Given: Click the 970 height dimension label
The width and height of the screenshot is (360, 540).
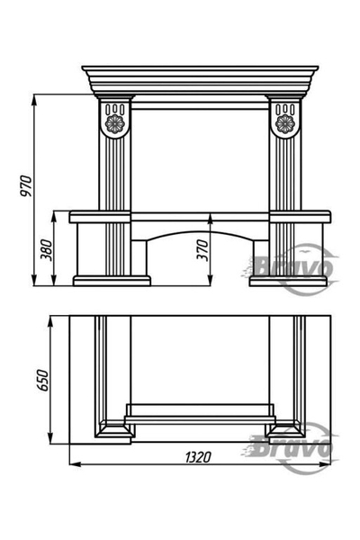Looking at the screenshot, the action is pyautogui.click(x=26, y=186).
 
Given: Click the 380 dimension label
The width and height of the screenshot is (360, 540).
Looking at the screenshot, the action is pyautogui.click(x=47, y=249).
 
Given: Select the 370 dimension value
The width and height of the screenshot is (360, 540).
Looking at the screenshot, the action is pyautogui.click(x=202, y=250).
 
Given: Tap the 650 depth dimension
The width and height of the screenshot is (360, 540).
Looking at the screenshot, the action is pyautogui.click(x=42, y=380).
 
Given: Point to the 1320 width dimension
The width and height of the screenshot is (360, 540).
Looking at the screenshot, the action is pyautogui.click(x=198, y=457).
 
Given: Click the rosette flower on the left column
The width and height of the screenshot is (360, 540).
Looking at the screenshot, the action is pyautogui.click(x=114, y=123).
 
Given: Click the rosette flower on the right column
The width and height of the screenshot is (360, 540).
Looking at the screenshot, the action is pyautogui.click(x=285, y=123).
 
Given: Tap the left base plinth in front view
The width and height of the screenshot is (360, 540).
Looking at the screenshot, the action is pyautogui.click(x=112, y=281).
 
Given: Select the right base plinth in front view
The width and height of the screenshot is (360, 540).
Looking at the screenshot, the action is pyautogui.click(x=288, y=281).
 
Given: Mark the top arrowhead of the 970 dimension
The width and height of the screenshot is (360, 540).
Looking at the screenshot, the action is pyautogui.click(x=34, y=99).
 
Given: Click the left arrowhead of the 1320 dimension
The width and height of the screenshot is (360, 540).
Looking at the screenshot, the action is pyautogui.click(x=75, y=464).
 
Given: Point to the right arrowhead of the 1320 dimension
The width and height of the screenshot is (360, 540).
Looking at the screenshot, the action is pyautogui.click(x=326, y=464).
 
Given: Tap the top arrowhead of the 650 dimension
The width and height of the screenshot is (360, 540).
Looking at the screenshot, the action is pyautogui.click(x=50, y=321).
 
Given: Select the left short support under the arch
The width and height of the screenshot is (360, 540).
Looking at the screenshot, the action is pyautogui.click(x=139, y=258).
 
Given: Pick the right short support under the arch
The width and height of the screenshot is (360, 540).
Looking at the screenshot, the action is pyautogui.click(x=261, y=258).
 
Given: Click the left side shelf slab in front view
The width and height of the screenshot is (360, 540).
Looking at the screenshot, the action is pyautogui.click(x=100, y=217).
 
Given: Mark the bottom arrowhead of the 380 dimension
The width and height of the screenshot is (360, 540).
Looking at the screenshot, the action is pyautogui.click(x=54, y=281).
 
